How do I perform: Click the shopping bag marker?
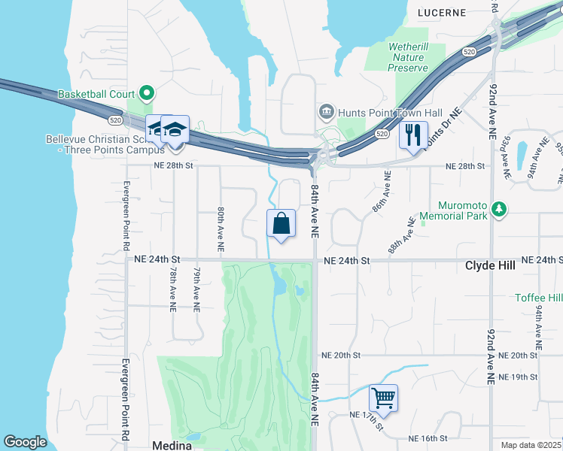click(x=281, y=223)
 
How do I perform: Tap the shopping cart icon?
click(x=383, y=398)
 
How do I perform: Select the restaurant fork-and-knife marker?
click(x=412, y=135)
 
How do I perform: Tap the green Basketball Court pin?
click(x=147, y=95)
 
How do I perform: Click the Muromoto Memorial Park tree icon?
click(x=498, y=209)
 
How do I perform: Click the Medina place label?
click(x=172, y=445)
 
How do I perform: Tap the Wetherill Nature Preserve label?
click(x=408, y=57)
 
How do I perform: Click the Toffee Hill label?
click(x=538, y=298)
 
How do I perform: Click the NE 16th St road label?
click(x=428, y=438)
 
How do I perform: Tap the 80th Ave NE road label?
click(x=220, y=229)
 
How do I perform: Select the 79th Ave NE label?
click(x=196, y=289)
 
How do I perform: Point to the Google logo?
click(x=25, y=442)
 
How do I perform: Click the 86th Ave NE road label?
click(x=382, y=191)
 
